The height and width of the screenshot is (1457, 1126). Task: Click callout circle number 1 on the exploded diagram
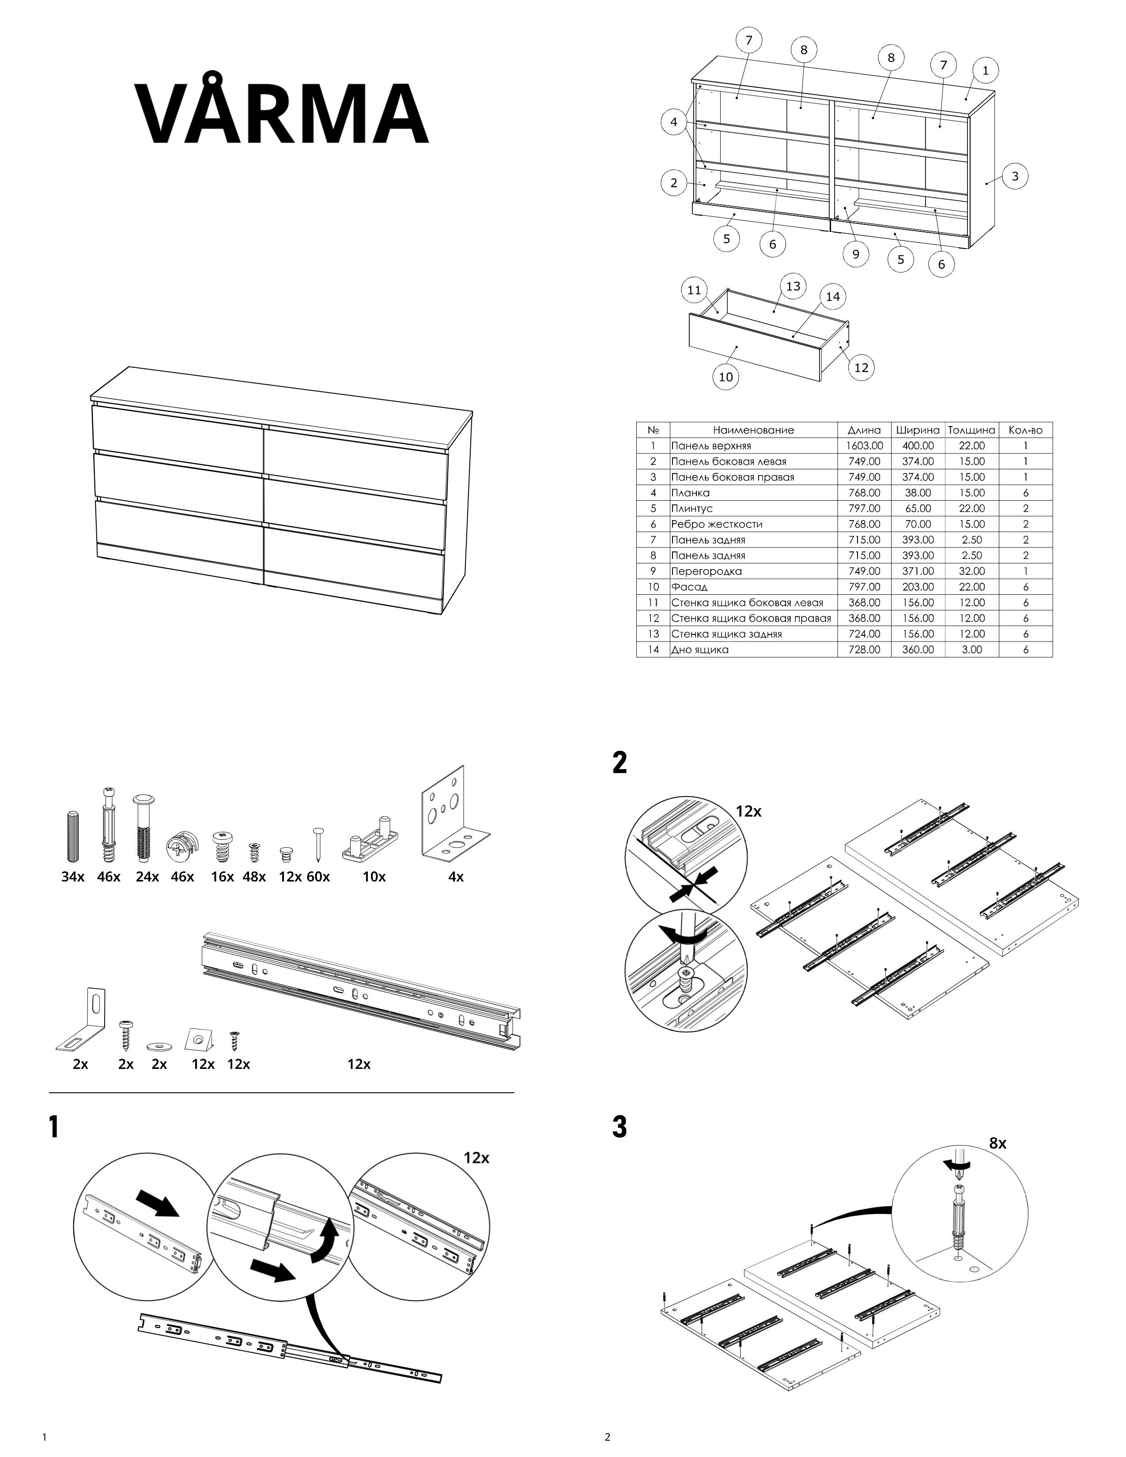pyautogui.click(x=985, y=70)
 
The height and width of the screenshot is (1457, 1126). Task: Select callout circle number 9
pyautogui.click(x=855, y=253)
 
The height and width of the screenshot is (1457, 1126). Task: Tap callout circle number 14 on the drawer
pyautogui.click(x=832, y=296)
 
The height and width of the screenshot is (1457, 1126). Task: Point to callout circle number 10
pyautogui.click(x=726, y=377)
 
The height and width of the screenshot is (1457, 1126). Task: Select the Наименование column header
pyautogui.click(x=753, y=430)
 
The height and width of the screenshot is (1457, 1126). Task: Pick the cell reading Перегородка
pyautogui.click(x=707, y=571)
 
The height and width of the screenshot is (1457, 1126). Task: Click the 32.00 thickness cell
pyautogui.click(x=971, y=571)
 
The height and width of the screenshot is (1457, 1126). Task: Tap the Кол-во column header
pyautogui.click(x=1025, y=430)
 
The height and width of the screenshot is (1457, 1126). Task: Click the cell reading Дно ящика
pyautogui.click(x=700, y=650)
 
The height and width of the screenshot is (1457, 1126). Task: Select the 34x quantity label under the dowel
pyautogui.click(x=73, y=876)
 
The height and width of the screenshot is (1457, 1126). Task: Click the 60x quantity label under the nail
pyautogui.click(x=318, y=876)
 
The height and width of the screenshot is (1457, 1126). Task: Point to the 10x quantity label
pyautogui.click(x=374, y=876)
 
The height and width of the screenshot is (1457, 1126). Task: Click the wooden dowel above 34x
pyautogui.click(x=73, y=837)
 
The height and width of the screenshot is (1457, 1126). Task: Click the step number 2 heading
pyautogui.click(x=620, y=762)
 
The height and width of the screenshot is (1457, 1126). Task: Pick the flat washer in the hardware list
pyautogui.click(x=159, y=1042)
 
